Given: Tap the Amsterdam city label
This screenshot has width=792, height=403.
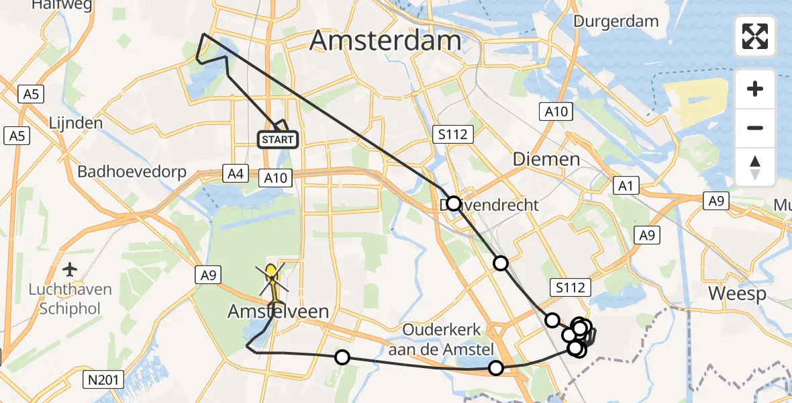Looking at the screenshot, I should pyautogui.click(x=385, y=41).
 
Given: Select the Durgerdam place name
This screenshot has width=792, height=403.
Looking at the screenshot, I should pyautogui.click(x=615, y=21).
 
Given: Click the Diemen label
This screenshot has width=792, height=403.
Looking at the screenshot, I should pyautogui.click(x=546, y=159).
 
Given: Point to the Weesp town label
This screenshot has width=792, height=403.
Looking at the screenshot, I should pyautogui.click(x=737, y=294).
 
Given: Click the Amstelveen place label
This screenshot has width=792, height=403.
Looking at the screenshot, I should pyautogui.click(x=279, y=312).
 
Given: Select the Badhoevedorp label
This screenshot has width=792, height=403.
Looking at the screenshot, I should pyautogui.click(x=132, y=171).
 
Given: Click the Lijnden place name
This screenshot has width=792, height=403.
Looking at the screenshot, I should pyautogui.click(x=75, y=123).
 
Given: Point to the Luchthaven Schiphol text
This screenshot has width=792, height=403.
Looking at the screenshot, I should pyautogui.click(x=70, y=300).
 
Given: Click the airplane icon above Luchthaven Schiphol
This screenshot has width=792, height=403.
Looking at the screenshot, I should pyautogui.click(x=70, y=270).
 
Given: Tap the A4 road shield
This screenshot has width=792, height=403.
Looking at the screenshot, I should pyautogui.click(x=235, y=175).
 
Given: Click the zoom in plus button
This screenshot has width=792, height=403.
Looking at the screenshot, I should pyautogui.click(x=755, y=89).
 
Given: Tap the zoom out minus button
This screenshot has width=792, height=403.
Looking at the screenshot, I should pyautogui.click(x=755, y=128).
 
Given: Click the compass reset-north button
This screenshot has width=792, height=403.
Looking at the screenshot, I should pyautogui.click(x=755, y=167).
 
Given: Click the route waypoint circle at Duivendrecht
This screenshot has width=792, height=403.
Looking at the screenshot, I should pyautogui.click(x=454, y=204).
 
